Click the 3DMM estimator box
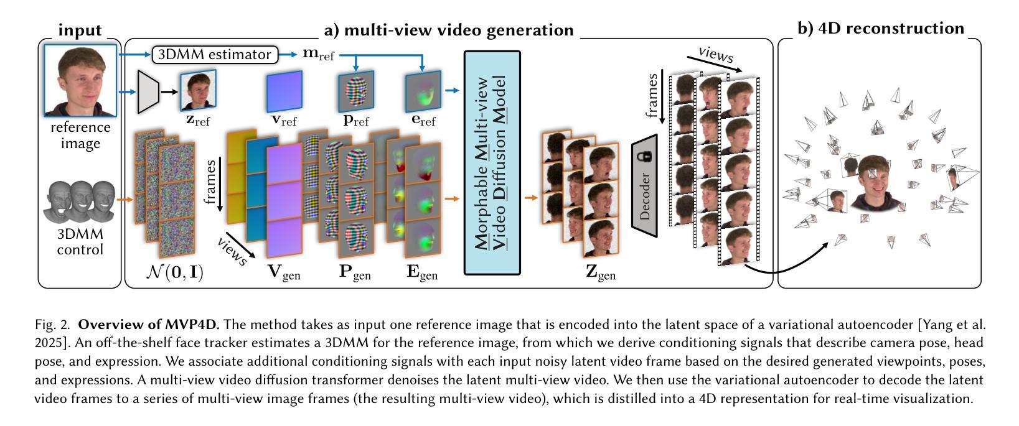pyautogui.click(x=215, y=55)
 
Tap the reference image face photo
pyautogui.click(x=80, y=80)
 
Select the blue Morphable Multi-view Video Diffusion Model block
pyautogui.click(x=492, y=162)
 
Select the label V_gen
pyautogui.click(x=284, y=273)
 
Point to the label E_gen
pyautogui.click(x=422, y=273)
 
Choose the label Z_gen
pyautogui.click(x=601, y=273)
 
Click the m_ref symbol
pyautogui.click(x=318, y=55)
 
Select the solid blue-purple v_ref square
pyautogui.click(x=284, y=91)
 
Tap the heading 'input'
pyautogui.click(x=80, y=29)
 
